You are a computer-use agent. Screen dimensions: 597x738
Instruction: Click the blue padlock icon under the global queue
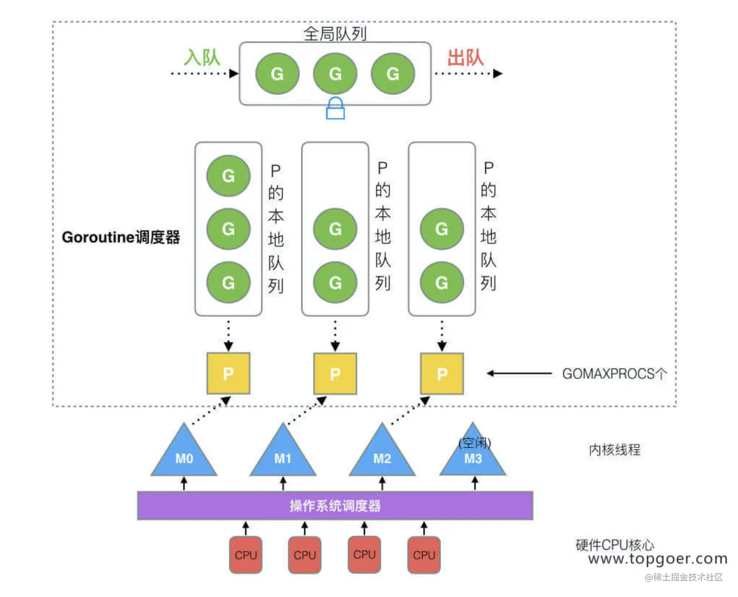tap(335, 108)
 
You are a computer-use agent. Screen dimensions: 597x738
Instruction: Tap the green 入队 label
tap(202, 58)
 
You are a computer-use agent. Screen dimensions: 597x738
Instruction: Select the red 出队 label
tap(466, 58)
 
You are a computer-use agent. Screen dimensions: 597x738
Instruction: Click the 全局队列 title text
tap(335, 34)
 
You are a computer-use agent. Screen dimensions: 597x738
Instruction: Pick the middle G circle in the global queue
tap(335, 74)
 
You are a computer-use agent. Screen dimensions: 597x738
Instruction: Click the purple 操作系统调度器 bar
tap(335, 506)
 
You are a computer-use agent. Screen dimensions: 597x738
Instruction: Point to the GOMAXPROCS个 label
tap(615, 374)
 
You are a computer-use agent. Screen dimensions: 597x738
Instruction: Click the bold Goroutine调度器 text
tap(121, 237)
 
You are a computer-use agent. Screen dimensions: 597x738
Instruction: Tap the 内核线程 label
tap(615, 449)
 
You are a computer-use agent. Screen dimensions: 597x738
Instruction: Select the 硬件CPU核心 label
tap(615, 544)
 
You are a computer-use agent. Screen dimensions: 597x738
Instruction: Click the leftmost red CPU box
tap(246, 555)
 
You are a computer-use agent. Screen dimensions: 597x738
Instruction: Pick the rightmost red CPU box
tap(424, 555)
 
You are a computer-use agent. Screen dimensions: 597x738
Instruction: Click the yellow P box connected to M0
tap(228, 374)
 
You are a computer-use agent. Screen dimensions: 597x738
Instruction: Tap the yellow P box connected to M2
tap(442, 374)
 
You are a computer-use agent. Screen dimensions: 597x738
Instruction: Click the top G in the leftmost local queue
tap(228, 176)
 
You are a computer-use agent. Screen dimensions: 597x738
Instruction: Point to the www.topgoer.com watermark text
tap(657, 558)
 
